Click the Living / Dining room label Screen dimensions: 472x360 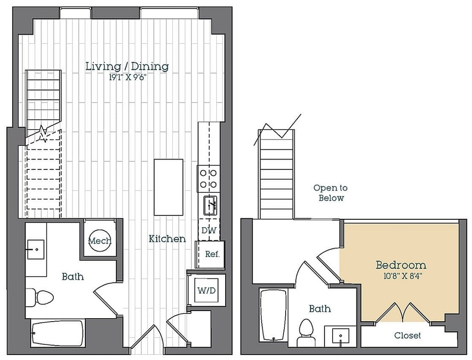pos(127,66)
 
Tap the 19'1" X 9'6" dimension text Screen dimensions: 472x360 pos(127,78)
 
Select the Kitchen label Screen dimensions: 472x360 pos(167,239)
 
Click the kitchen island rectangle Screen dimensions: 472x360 pos(168,187)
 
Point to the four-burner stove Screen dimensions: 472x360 pos(208,179)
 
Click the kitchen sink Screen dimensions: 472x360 pos(210,206)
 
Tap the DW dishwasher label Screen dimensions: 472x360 pos(209,230)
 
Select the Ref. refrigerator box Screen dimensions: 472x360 pos(210,255)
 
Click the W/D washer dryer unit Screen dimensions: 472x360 pos(206,290)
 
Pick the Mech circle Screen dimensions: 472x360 pos(100,241)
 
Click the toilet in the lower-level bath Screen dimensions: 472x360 pos(40,297)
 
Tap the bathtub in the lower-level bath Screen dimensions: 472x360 pos(57,334)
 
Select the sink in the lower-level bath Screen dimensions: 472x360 pos(36,250)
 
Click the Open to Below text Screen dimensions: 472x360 pos(330,193)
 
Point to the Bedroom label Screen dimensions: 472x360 pos(401,265)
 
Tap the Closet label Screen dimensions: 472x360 pos(408,335)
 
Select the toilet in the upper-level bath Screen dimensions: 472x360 pos(307,333)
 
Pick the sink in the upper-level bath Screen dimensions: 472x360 pos(341,336)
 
